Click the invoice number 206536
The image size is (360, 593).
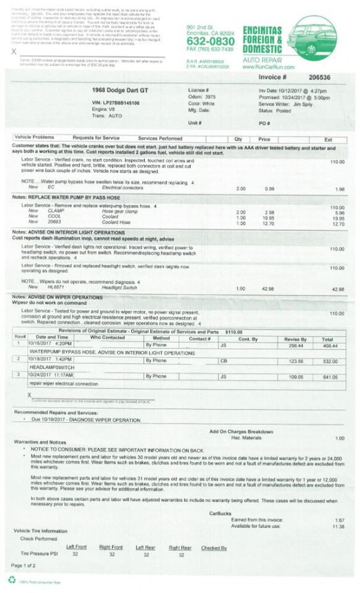[x=319, y=77]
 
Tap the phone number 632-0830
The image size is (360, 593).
[x=210, y=42]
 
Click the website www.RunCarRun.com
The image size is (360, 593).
[x=268, y=67]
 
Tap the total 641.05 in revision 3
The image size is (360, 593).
[x=330, y=377]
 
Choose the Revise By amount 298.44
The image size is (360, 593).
[x=296, y=346]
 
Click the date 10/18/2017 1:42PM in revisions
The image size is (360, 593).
[x=51, y=358]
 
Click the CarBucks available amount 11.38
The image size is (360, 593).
[x=339, y=527]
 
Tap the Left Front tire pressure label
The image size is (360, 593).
[x=76, y=547]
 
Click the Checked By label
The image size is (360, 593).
[x=214, y=547]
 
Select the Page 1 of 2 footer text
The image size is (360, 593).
[x=24, y=565]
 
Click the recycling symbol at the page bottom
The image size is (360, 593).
[x=11, y=580]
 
